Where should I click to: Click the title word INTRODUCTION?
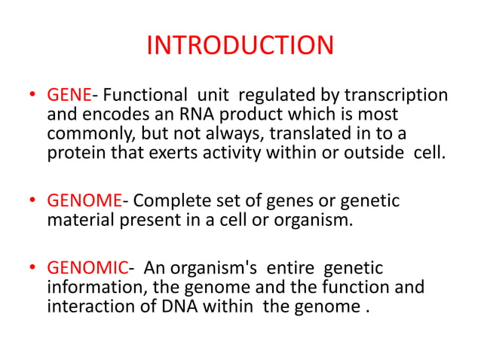click(x=240, y=46)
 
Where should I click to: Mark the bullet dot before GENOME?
click(x=32, y=203)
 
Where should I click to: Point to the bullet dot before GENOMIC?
click(x=32, y=269)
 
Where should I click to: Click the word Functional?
click(x=145, y=96)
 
